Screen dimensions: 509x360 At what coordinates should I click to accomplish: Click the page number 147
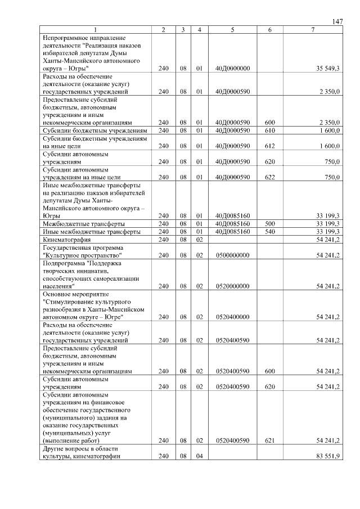coord(337,21)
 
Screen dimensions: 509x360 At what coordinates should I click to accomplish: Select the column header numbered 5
coord(232,29)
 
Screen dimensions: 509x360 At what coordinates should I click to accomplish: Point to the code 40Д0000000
coord(232,68)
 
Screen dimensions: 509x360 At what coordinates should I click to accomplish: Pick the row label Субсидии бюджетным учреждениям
coord(94,130)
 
